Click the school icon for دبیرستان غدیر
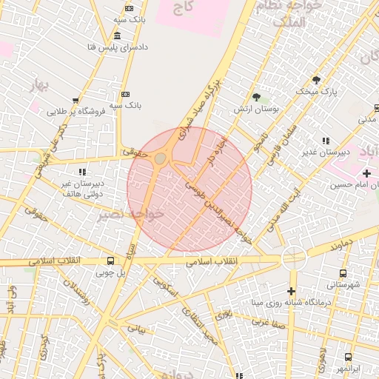coord(325,141)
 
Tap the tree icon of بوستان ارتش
coord(257,97)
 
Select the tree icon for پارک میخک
coord(317,80)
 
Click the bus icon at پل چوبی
coord(110,261)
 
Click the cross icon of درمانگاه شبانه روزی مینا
coord(292,291)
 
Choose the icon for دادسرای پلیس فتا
coord(118,36)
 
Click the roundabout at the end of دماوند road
coord(294,258)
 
